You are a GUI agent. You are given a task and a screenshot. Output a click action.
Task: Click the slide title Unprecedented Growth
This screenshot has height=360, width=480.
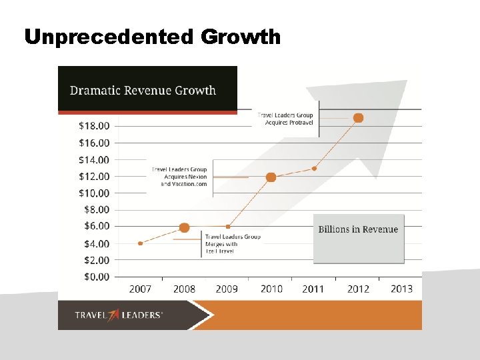click(153, 37)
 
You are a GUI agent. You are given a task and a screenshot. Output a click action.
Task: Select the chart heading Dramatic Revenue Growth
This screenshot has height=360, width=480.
click(143, 90)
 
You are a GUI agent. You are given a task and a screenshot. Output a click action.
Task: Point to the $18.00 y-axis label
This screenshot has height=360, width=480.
click(95, 125)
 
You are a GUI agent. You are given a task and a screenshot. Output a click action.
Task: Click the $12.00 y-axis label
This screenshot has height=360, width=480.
click(95, 176)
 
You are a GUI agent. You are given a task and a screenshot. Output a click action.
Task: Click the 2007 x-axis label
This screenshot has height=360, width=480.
click(140, 289)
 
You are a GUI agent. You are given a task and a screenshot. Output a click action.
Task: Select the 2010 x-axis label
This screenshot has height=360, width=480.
click(271, 289)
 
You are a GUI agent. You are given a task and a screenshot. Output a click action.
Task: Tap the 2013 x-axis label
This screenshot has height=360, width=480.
click(401, 289)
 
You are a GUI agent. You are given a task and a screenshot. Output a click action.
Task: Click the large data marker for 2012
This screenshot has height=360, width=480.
click(358, 118)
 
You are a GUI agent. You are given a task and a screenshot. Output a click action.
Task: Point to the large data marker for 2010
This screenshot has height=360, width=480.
click(271, 177)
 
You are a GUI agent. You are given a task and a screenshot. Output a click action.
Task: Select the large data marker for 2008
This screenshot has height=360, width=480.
click(185, 228)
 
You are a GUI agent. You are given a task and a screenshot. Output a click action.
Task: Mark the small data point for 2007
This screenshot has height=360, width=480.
click(140, 243)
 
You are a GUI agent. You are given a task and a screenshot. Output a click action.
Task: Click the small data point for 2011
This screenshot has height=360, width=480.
click(314, 169)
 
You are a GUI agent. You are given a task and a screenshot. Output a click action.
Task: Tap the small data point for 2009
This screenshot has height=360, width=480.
click(228, 227)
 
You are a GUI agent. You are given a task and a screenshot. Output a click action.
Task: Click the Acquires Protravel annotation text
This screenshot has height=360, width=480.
click(285, 119)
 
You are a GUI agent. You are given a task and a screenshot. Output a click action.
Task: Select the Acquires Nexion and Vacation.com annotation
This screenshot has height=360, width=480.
click(179, 177)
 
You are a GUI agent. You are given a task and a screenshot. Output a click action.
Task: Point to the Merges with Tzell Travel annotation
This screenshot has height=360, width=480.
click(232, 244)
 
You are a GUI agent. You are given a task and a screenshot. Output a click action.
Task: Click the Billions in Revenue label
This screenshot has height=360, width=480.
click(358, 229)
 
